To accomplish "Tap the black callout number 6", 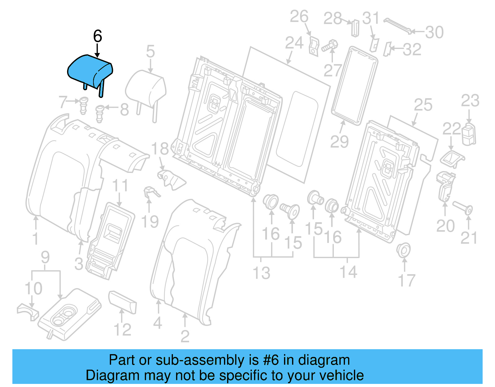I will point(97,36).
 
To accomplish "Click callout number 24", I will point(294,43).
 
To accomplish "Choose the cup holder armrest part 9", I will point(70,314).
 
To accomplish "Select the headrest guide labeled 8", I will point(99,113).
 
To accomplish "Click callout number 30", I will point(434,32).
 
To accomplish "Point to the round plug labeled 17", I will point(403,250).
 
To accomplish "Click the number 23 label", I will point(470,101).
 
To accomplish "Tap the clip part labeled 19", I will point(150,192).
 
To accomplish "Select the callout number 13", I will point(261,273).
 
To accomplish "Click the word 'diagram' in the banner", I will point(324,360).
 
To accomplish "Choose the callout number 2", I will point(185,336).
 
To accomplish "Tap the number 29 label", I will point(339,142).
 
